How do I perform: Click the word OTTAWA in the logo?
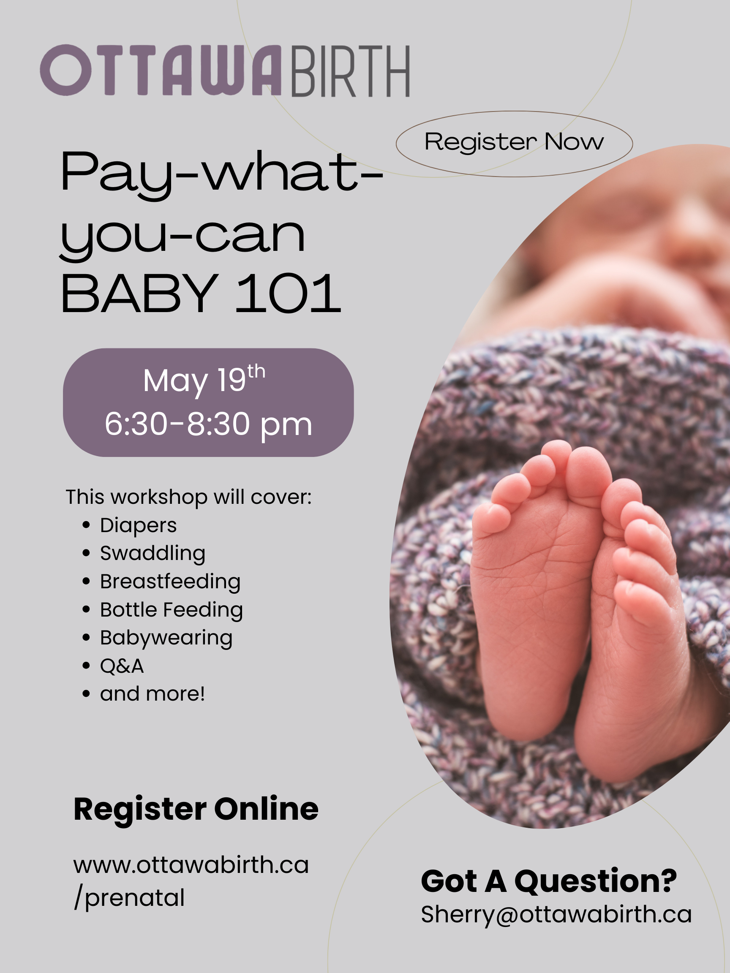pyautogui.click(x=161, y=71)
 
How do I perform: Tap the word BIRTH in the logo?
pyautogui.click(x=351, y=71)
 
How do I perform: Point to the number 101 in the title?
pyautogui.click(x=288, y=294)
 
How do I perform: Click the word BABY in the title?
pyautogui.click(x=140, y=294)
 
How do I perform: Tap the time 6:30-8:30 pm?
pyautogui.click(x=208, y=424)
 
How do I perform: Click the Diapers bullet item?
pyautogui.click(x=138, y=525)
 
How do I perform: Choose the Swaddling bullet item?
pyautogui.click(x=152, y=553)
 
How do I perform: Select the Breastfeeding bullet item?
pyautogui.click(x=170, y=582)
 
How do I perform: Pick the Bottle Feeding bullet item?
pyautogui.click(x=171, y=610)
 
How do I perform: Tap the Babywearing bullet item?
pyautogui.click(x=166, y=638)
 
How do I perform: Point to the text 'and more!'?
pyautogui.click(x=152, y=694)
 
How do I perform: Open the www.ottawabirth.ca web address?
pyautogui.click(x=191, y=865)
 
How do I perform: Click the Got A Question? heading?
pyautogui.click(x=549, y=881)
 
